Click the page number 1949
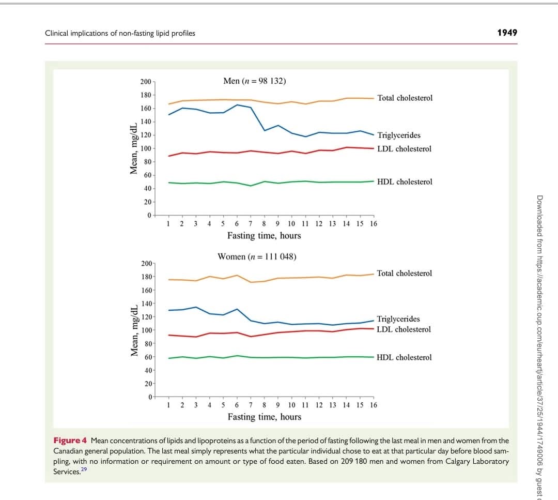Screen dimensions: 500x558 click(x=506, y=33)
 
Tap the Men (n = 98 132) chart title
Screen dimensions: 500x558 click(x=255, y=81)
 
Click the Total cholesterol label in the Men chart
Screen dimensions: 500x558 click(x=405, y=98)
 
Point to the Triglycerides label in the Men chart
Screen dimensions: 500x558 click(x=398, y=135)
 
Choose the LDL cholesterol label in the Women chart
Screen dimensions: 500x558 click(x=404, y=329)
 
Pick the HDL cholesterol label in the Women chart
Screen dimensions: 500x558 click(x=404, y=357)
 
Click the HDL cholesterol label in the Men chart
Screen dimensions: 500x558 click(x=405, y=182)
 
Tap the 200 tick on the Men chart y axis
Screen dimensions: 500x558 click(x=146, y=82)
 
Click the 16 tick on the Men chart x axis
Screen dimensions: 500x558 click(x=374, y=224)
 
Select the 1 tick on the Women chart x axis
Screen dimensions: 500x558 click(x=168, y=405)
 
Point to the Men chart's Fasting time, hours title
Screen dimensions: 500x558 click(x=264, y=236)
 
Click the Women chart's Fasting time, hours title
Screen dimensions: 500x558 click(x=265, y=417)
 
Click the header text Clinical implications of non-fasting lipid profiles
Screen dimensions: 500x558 click(x=120, y=33)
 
